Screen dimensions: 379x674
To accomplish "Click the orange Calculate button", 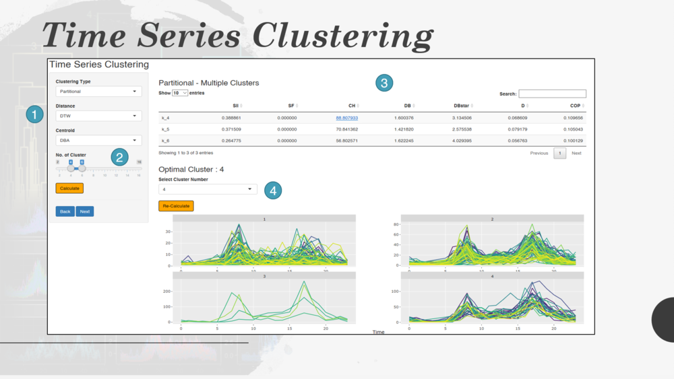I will [69, 188].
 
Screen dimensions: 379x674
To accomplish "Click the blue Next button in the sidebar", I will [85, 211].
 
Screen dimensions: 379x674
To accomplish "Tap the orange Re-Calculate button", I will [176, 206].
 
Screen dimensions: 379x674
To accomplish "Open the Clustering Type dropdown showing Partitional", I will [98, 92].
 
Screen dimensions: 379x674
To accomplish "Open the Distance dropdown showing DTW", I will [98, 116].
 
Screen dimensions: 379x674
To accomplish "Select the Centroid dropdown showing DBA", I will [98, 141].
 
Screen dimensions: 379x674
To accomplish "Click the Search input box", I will [552, 94].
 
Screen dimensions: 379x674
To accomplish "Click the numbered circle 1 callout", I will [35, 114].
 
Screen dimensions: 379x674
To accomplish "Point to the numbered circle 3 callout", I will [384, 83].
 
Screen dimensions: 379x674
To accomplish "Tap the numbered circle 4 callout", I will [273, 191].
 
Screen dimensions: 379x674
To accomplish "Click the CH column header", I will [352, 106].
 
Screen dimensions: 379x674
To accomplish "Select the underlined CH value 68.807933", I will [346, 118].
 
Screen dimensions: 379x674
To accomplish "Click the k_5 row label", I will [165, 129].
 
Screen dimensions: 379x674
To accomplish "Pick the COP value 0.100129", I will [572, 141].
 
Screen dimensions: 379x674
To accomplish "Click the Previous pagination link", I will [539, 153].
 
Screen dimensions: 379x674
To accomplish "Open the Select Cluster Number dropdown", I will [208, 190].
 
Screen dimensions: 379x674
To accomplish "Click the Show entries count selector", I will [180, 93].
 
